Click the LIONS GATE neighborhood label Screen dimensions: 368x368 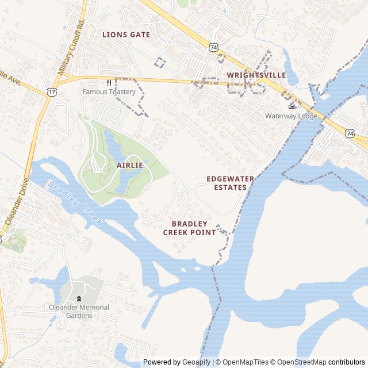[126, 34]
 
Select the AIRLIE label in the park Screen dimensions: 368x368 [129, 165]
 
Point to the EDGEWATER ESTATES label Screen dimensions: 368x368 [230, 183]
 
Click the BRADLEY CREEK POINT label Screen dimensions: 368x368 [189, 228]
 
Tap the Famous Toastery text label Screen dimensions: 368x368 [109, 91]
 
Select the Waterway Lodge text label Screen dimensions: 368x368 [291, 116]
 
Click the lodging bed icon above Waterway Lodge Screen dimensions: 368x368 [291, 106]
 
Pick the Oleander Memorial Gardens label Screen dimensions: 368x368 [79, 311]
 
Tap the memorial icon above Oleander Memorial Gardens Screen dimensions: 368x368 [79, 298]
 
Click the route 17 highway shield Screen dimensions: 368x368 [52, 91]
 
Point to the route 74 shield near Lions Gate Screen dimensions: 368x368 [214, 47]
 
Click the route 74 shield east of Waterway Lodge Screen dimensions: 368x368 [350, 133]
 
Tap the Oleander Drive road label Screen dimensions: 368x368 [16, 201]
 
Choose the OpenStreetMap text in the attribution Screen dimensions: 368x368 [299, 362]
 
